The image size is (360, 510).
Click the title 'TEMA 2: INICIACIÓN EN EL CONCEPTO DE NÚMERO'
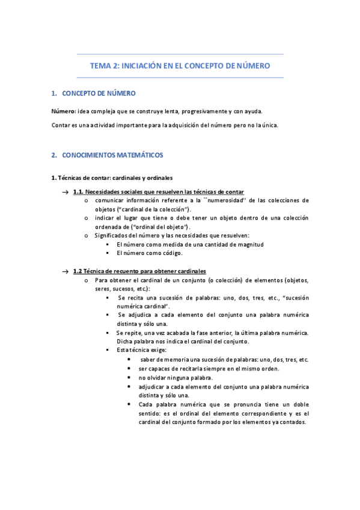coord(180,66)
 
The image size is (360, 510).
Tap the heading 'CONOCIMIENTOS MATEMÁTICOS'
coord(112,155)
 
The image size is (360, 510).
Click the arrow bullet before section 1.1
coord(65,192)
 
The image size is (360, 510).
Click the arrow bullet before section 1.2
coord(65,272)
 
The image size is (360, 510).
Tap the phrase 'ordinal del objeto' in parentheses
coord(161,227)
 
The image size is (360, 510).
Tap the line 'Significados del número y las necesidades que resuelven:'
coord(172,236)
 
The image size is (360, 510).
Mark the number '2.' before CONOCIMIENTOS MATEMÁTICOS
coord(54,155)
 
